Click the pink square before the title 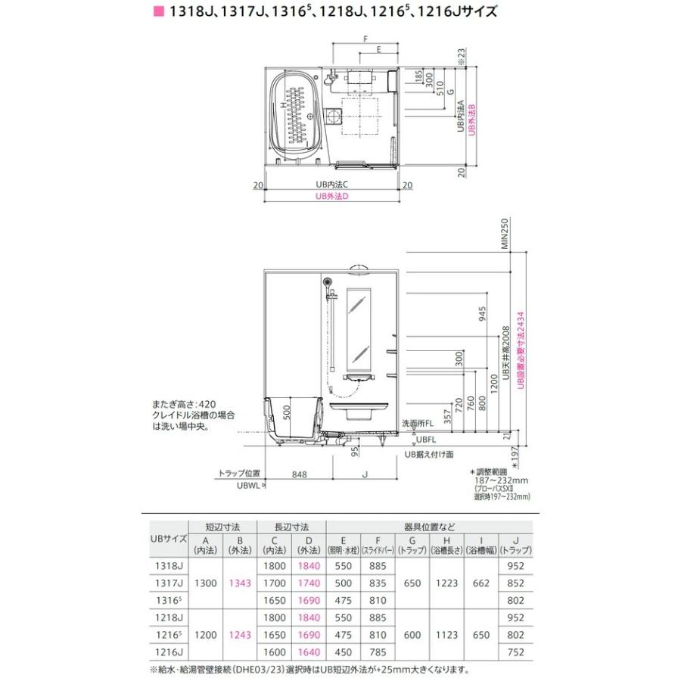coord(158,13)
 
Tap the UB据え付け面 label coord(428,454)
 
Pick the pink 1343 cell coord(239,583)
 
